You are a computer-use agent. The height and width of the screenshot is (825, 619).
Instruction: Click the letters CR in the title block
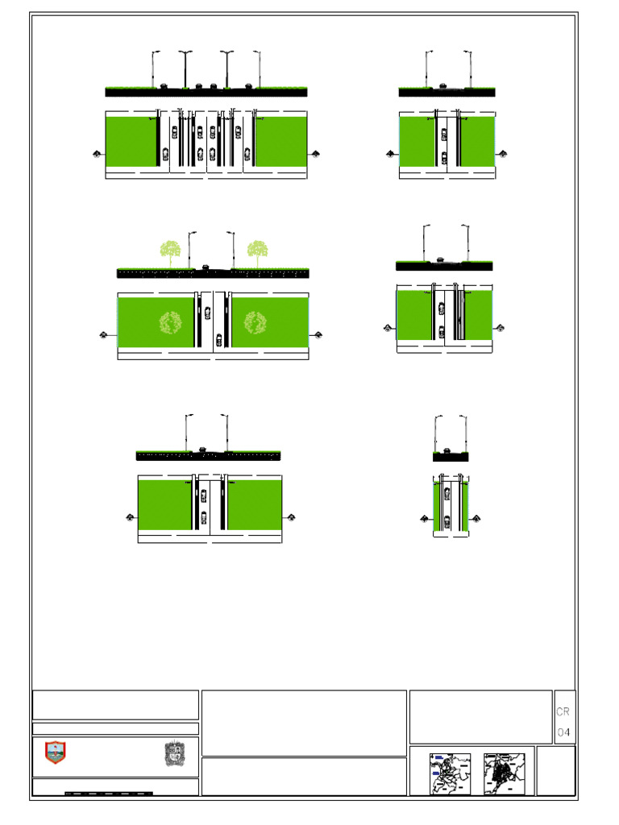pyautogui.click(x=563, y=712)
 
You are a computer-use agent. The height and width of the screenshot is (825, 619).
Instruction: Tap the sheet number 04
pyautogui.click(x=563, y=732)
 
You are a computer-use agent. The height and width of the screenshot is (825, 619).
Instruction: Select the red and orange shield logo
pyautogui.click(x=55, y=752)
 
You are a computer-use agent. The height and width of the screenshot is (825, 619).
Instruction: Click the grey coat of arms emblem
pyautogui.click(x=175, y=753)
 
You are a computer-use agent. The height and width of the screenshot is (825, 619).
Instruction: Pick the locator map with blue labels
pyautogui.click(x=450, y=773)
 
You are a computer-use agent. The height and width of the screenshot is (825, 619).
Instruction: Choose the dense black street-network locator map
pyautogui.click(x=504, y=773)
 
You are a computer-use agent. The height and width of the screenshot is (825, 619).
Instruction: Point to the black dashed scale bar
pyautogui.click(x=109, y=794)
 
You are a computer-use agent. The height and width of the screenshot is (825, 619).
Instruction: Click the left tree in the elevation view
pyautogui.click(x=170, y=251)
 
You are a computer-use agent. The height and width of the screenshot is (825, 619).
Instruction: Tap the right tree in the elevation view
pyautogui.click(x=257, y=251)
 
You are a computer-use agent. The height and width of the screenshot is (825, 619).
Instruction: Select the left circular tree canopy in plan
pyautogui.click(x=170, y=323)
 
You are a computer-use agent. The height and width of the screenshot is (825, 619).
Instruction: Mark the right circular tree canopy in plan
pyautogui.click(x=255, y=323)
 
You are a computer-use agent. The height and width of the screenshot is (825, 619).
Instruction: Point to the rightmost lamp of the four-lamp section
pyautogui.click(x=259, y=69)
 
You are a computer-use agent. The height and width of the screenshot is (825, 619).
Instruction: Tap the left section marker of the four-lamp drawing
pyautogui.click(x=98, y=153)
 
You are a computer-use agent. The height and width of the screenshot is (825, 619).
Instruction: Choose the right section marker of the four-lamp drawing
pyautogui.click(x=315, y=153)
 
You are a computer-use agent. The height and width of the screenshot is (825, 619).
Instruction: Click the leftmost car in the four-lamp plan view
pyautogui.click(x=164, y=154)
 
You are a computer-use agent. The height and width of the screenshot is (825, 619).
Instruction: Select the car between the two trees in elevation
pyautogui.click(x=206, y=267)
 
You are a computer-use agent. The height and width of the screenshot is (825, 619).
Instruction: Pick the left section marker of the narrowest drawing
pyautogui.click(x=424, y=518)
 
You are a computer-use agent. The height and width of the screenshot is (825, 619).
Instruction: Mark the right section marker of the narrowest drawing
pyautogui.click(x=477, y=518)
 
